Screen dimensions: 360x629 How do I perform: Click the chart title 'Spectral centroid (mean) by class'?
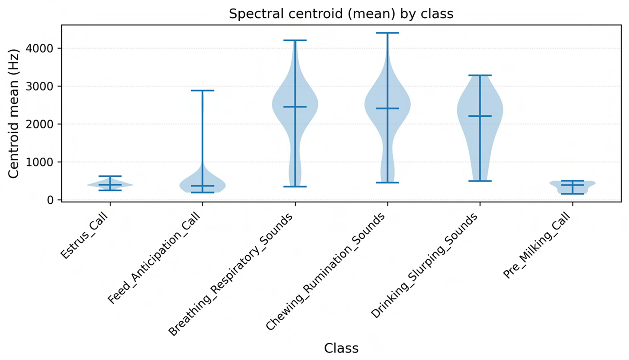(x=341, y=14)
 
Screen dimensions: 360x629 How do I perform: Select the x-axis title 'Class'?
(x=341, y=348)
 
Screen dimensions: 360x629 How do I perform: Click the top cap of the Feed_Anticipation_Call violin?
(x=202, y=91)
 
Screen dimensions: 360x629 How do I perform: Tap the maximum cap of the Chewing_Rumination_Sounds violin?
(x=387, y=33)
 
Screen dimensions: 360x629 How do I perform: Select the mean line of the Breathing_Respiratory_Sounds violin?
(x=295, y=107)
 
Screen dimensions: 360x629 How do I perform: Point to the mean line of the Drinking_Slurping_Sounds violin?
(x=479, y=116)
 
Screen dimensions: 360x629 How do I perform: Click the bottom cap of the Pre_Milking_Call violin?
(x=572, y=194)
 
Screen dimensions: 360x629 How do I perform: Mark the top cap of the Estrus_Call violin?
(x=110, y=176)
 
